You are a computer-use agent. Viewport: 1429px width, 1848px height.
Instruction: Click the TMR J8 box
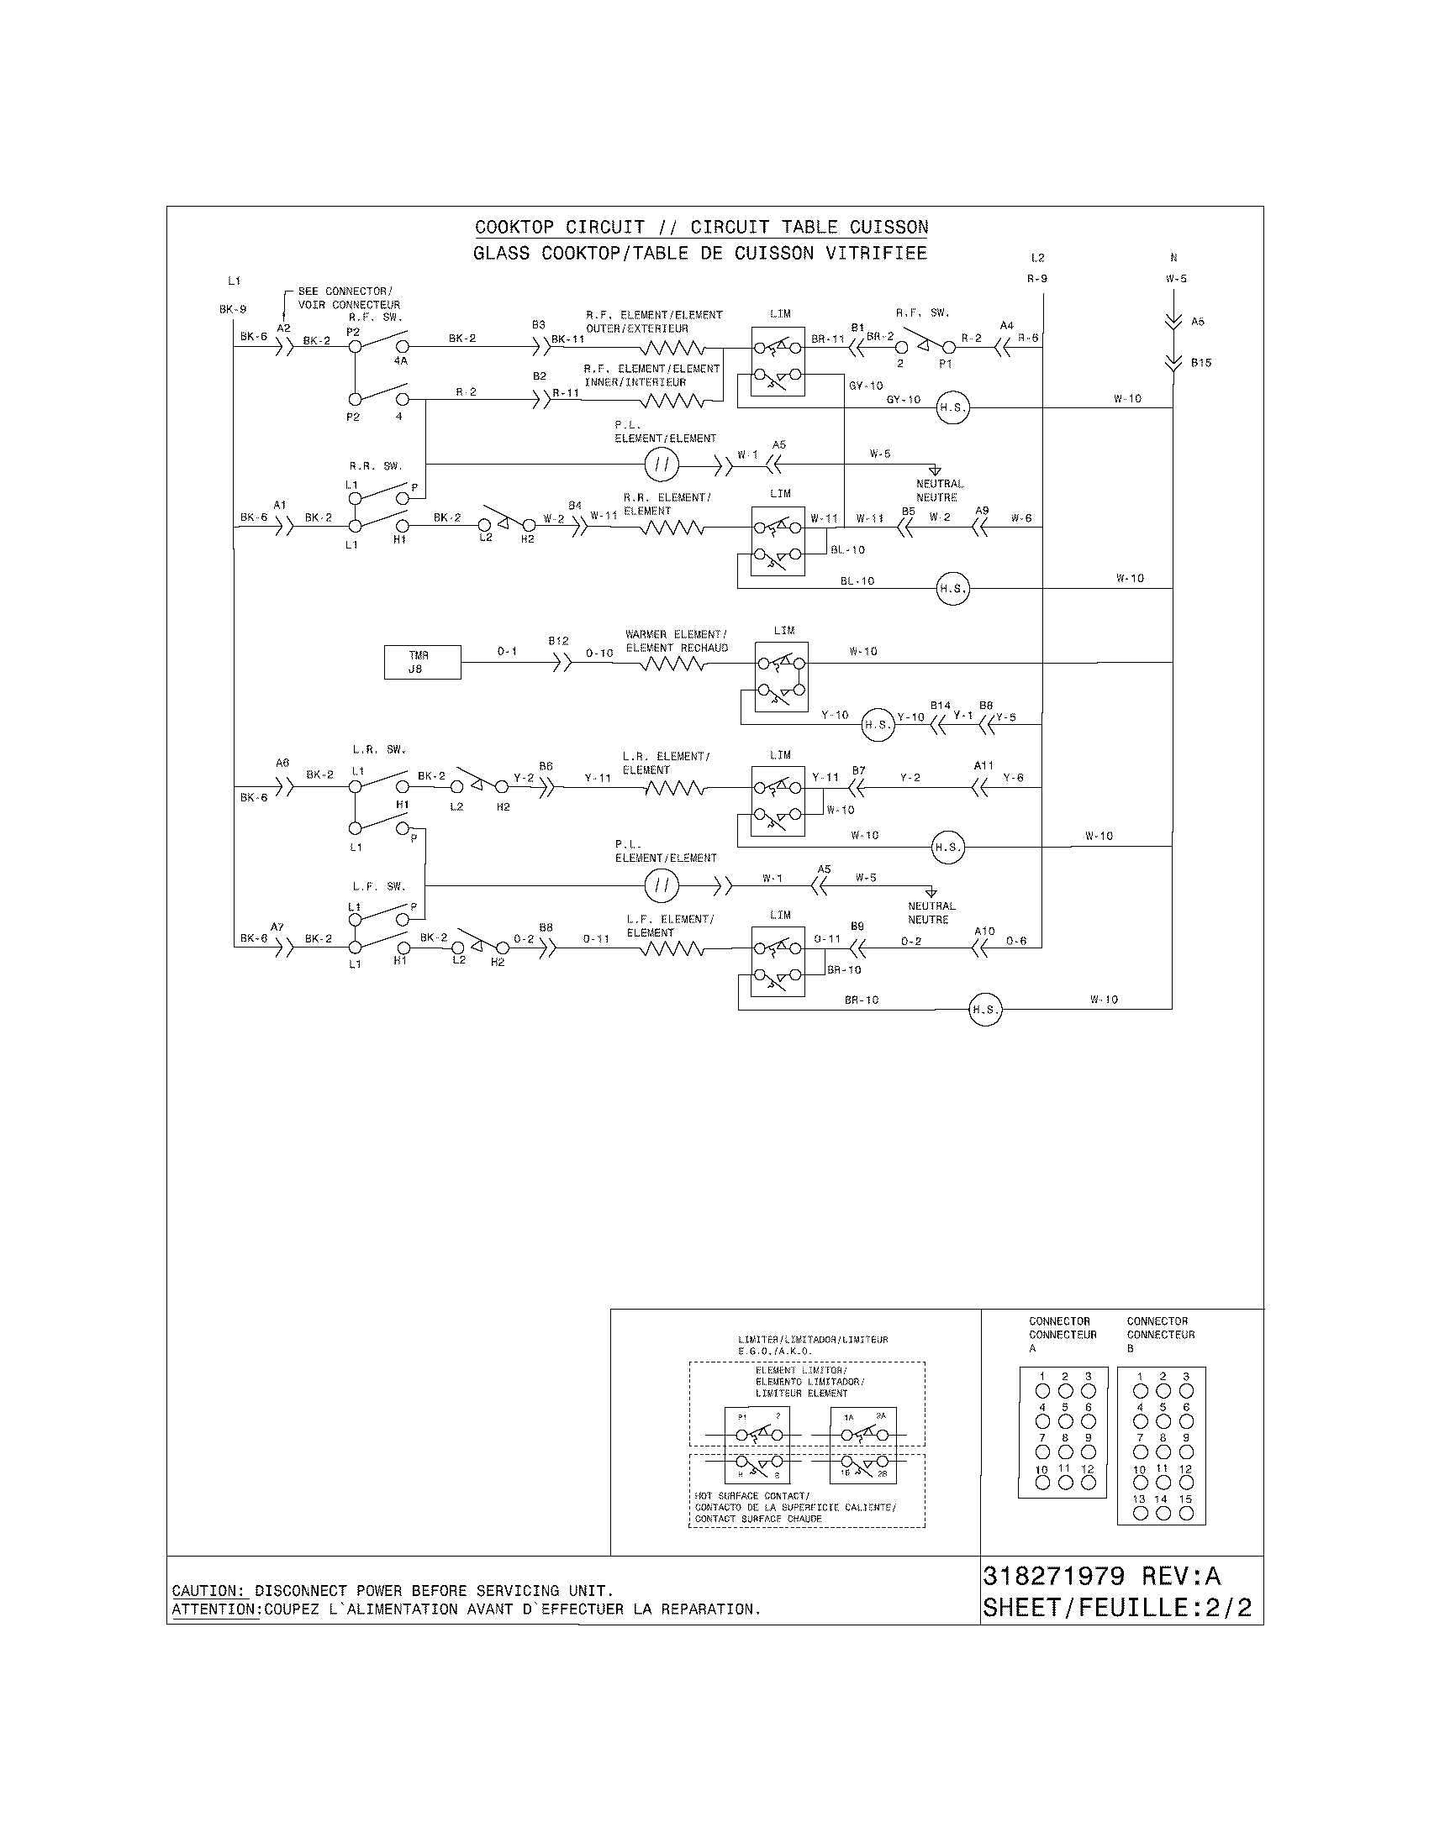tap(423, 662)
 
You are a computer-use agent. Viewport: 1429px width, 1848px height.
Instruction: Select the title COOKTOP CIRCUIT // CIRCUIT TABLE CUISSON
tap(701, 227)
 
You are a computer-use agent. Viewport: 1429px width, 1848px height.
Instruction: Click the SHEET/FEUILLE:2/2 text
tap(1116, 1608)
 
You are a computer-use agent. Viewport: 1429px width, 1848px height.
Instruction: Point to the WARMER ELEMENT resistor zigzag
tap(672, 664)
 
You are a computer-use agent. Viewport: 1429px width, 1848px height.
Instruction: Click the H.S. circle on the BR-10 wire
tap(984, 1010)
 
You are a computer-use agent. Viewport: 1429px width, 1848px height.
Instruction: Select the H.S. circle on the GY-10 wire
tap(952, 408)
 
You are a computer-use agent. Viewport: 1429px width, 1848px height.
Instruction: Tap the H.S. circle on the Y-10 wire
tap(878, 725)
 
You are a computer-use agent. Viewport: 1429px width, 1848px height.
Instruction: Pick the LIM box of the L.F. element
tap(778, 961)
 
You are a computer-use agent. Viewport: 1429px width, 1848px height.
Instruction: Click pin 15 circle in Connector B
tap(1186, 1514)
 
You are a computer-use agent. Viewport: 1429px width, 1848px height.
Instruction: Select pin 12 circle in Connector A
tap(1089, 1483)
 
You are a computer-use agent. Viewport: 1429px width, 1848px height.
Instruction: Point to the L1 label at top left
tap(235, 280)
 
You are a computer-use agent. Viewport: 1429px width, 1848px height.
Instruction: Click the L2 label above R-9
tap(1038, 258)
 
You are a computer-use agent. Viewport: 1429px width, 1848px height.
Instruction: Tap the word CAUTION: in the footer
tap(208, 1591)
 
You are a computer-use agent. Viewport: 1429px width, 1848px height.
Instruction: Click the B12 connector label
tap(558, 642)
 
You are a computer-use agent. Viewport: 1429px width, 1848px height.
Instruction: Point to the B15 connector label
tap(1200, 363)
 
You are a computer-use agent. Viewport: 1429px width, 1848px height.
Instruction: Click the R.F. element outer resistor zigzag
tap(672, 347)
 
